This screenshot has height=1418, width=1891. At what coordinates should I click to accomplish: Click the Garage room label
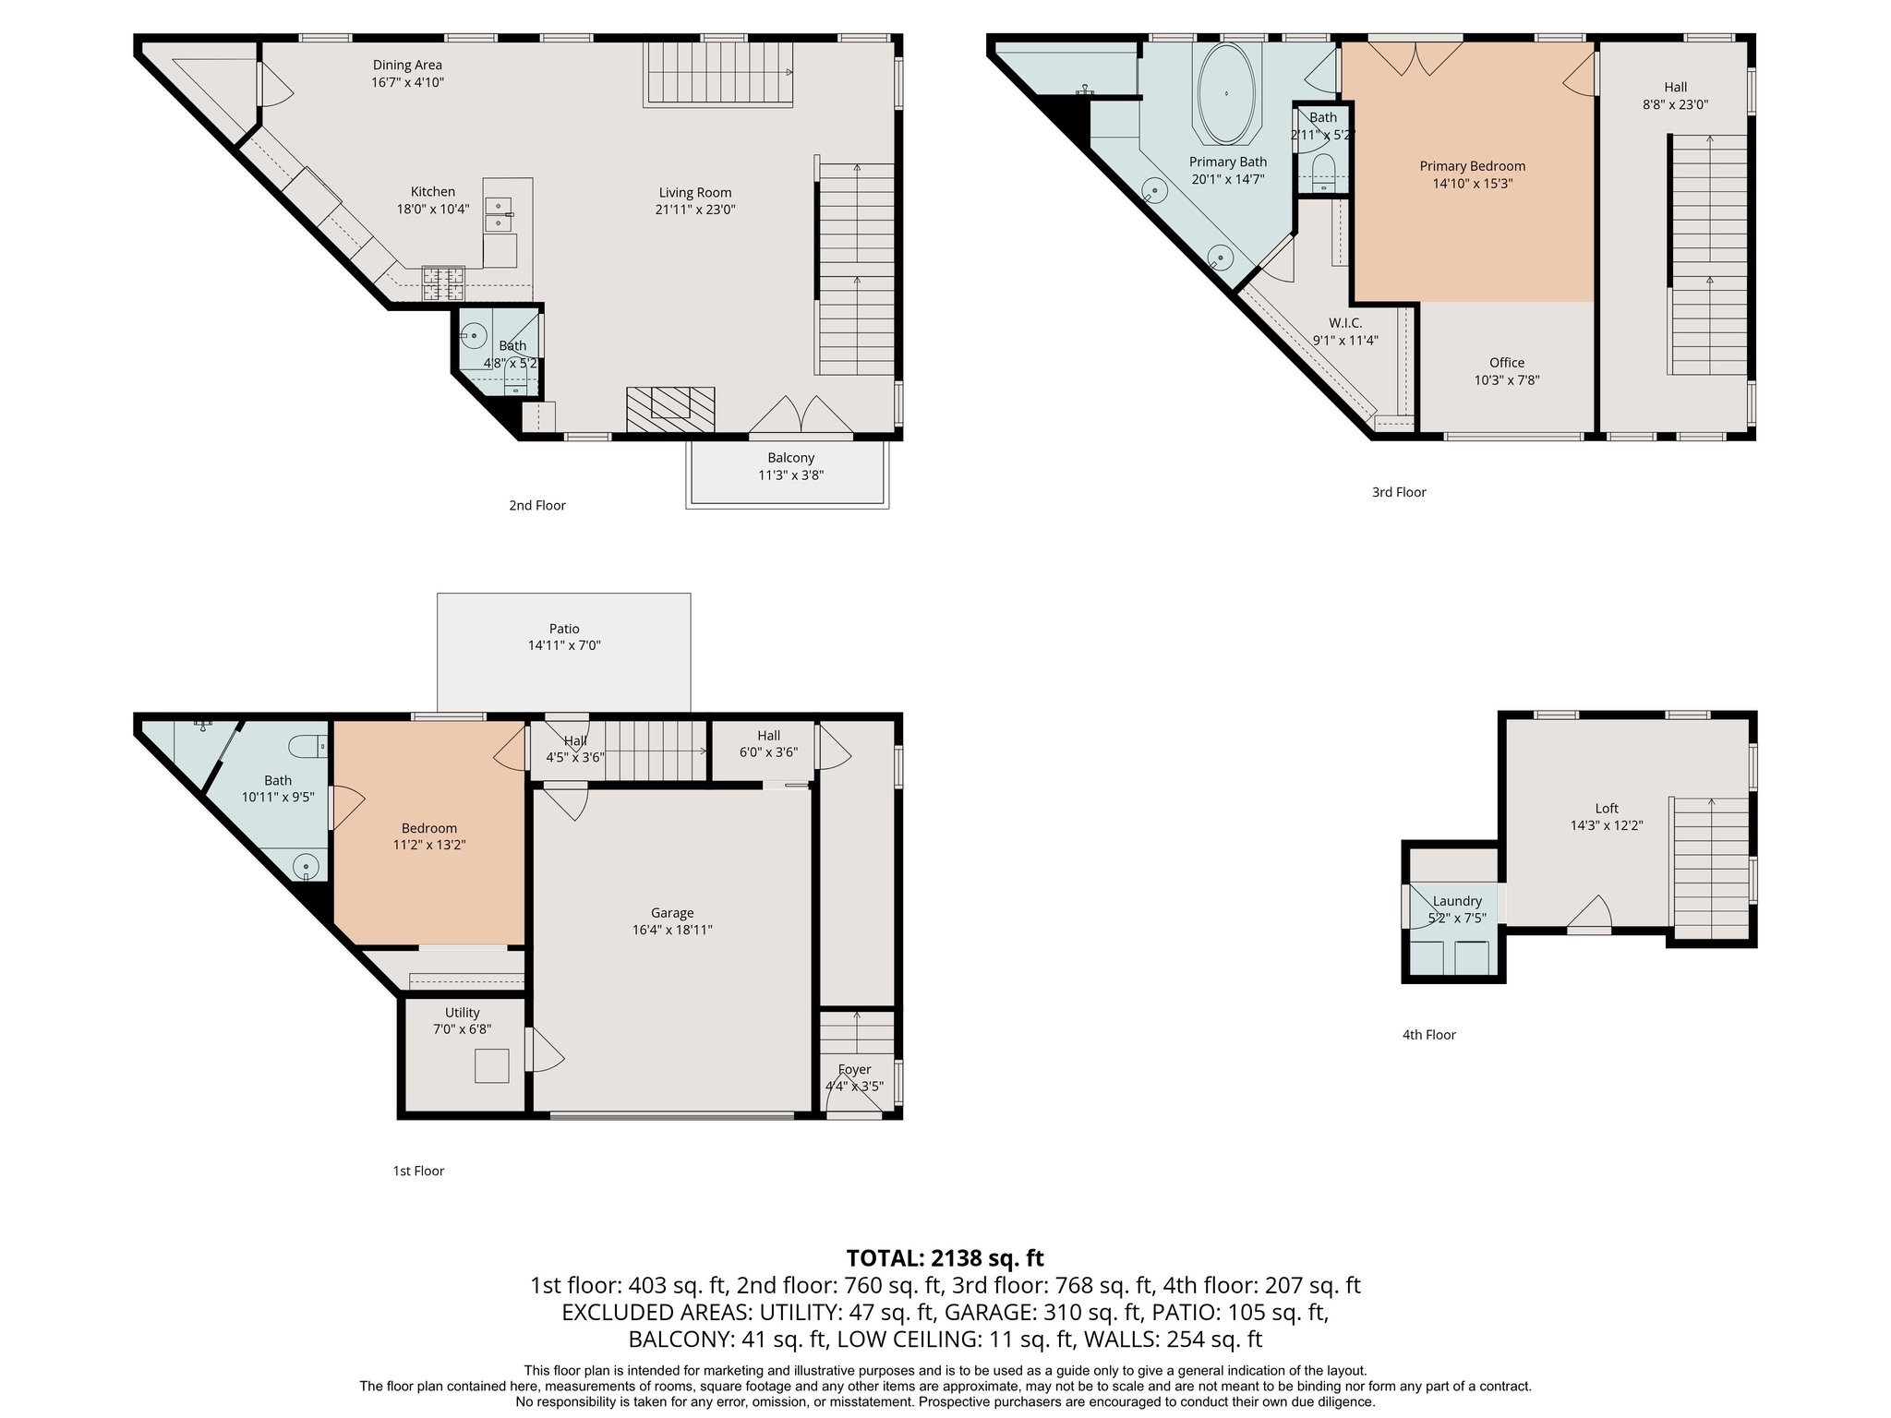[x=671, y=913]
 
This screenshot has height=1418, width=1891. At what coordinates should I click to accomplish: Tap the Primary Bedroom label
[x=1472, y=166]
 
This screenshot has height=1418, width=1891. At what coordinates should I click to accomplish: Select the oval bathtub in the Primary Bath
[x=1226, y=93]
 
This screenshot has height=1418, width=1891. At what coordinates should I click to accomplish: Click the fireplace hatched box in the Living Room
[x=670, y=409]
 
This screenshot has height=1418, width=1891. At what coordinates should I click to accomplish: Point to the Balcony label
[x=791, y=458]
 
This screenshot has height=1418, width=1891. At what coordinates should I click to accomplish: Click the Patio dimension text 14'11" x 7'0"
[x=564, y=646]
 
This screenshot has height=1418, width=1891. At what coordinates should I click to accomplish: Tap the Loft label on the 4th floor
[x=1607, y=809]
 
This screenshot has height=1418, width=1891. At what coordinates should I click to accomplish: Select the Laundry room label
[x=1457, y=901]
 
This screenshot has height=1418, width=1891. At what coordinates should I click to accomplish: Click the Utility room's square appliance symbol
[x=491, y=1066]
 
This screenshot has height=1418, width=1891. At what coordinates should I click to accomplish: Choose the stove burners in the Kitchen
[x=444, y=283]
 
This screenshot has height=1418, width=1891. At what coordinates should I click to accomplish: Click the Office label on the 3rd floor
[x=1507, y=363]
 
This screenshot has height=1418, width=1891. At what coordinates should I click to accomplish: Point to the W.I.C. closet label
[x=1345, y=323]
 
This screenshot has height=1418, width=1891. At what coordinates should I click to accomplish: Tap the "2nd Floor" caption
[x=537, y=506]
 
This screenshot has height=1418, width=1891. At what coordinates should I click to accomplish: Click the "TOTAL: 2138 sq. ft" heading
[x=945, y=1257]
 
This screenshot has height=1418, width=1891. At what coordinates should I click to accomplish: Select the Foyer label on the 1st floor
[x=854, y=1070]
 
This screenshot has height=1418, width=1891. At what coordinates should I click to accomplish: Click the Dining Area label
[x=407, y=66]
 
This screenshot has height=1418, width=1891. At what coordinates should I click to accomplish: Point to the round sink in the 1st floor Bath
[x=306, y=867]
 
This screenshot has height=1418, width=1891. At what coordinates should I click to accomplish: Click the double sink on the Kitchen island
[x=499, y=214]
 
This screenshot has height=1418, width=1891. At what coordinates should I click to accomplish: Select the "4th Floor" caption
[x=1429, y=1035]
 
